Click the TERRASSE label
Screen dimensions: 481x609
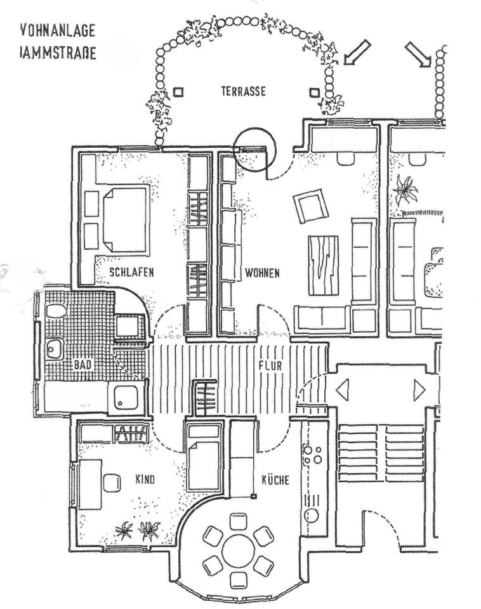point(243,91)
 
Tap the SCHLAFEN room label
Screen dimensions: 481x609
point(131,273)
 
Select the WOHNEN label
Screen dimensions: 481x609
point(262,273)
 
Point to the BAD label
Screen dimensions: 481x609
point(82,365)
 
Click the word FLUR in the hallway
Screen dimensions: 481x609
point(269,366)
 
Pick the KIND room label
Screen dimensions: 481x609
point(145,479)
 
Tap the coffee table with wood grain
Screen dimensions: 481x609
point(324,265)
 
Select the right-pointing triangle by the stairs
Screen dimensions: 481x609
point(419,389)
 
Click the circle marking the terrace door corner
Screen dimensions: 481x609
point(255,147)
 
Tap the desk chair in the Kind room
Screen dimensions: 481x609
point(112,481)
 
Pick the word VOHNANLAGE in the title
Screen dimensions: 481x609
point(58,30)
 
